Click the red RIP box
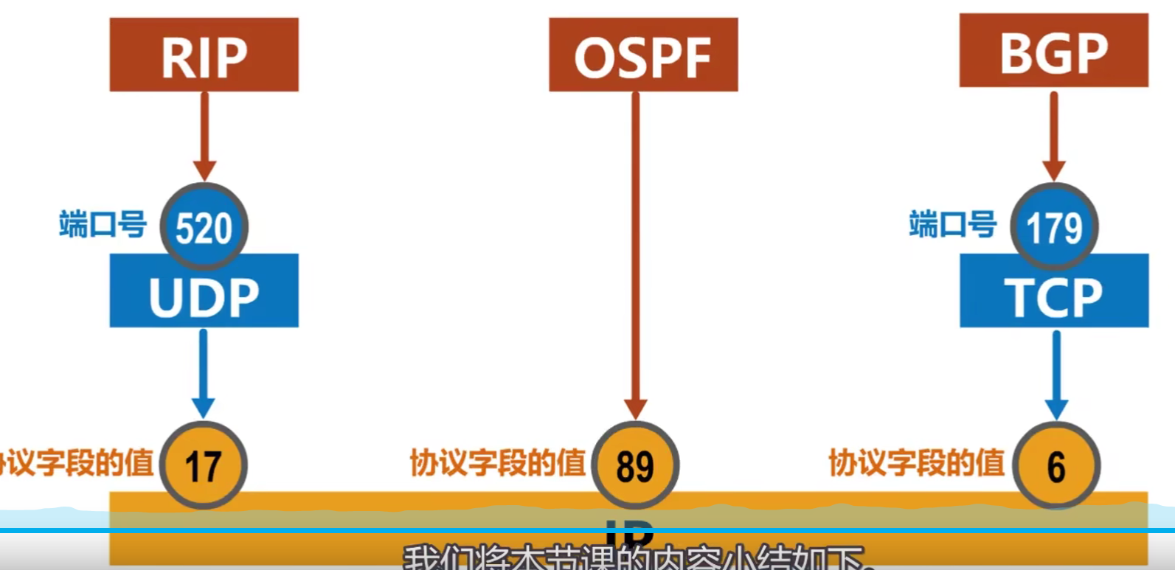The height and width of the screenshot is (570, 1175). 204,55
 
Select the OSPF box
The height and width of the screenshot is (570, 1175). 643,55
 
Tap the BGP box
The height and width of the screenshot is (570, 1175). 1053,50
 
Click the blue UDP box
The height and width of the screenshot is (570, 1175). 204,295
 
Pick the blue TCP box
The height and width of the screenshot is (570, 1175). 1053,295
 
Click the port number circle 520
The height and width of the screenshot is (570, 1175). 204,226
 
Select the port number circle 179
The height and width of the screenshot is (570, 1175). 1054,226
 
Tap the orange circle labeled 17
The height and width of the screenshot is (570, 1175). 203,465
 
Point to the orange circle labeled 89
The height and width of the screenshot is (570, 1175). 635,465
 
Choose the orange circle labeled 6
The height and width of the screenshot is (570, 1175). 1056,465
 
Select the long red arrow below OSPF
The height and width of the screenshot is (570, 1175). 635,251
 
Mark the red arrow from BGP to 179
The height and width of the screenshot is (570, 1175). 1054,133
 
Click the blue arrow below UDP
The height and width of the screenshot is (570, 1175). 203,372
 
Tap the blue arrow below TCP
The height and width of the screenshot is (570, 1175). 1056,372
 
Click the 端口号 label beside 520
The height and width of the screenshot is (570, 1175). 103,223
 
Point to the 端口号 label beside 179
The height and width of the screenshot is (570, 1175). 953,223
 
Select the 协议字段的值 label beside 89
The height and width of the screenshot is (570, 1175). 498,463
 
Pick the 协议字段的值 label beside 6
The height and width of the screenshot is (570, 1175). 917,463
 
